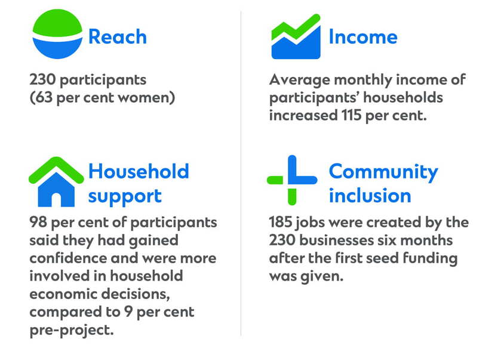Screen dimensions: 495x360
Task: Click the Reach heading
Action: [118, 36]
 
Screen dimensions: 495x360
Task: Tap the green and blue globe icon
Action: [57, 34]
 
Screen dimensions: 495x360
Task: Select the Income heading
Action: [363, 36]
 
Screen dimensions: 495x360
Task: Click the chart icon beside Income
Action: [296, 36]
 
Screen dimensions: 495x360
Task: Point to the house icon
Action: [56, 181]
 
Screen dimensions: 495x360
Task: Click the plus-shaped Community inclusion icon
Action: [292, 180]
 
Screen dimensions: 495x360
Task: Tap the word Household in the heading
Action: [139, 171]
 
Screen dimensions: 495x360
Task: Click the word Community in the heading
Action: [383, 173]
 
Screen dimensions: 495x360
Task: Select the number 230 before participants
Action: [42, 79]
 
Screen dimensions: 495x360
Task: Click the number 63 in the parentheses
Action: [43, 97]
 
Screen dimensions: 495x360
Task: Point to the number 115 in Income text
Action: [351, 115]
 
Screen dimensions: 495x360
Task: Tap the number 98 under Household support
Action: [38, 222]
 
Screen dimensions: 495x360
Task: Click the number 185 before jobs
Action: [281, 222]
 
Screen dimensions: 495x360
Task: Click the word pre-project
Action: [72, 330]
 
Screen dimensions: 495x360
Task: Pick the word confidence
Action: [68, 258]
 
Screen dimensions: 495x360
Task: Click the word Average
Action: [300, 80]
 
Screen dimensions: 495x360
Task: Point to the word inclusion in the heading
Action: [370, 196]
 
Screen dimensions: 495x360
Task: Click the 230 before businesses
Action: [282, 240]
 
